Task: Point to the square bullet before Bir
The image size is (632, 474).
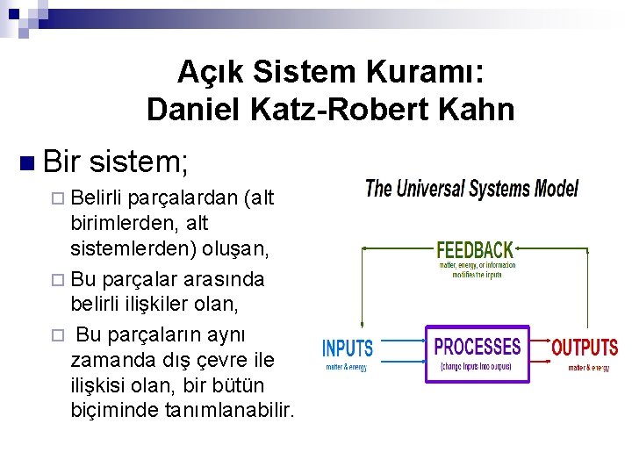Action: [x=27, y=162]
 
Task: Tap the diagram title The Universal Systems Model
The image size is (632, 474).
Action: [x=472, y=189]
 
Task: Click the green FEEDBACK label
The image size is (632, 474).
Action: [x=475, y=251]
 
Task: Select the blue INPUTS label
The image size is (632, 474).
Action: [x=348, y=348]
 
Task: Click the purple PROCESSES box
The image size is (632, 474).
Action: [x=478, y=353]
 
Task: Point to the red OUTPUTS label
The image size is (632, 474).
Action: [x=585, y=348]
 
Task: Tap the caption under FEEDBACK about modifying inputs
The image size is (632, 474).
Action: [x=477, y=269]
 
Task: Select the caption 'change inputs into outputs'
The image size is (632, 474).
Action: [x=478, y=366]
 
